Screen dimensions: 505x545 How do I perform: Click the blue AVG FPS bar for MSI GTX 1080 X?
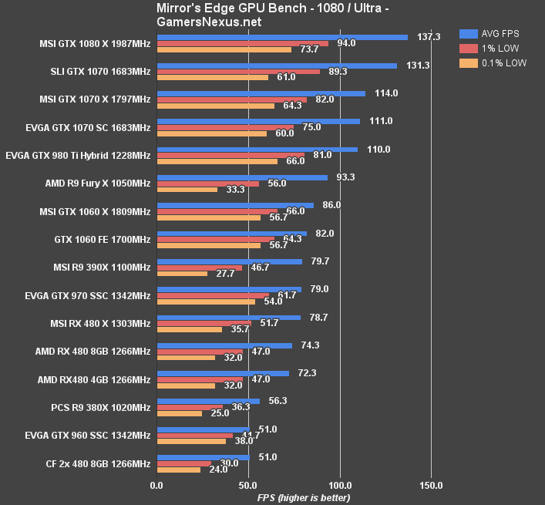coord(282,36)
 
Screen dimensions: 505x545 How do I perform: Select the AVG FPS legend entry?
coord(493,34)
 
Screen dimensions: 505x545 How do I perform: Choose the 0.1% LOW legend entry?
coord(493,63)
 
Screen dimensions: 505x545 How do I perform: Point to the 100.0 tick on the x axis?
coord(340,486)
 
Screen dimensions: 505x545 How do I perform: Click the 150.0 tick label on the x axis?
coord(431,486)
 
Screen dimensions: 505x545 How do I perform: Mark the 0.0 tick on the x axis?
coord(156,486)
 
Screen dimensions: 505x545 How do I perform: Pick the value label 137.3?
coord(428,36)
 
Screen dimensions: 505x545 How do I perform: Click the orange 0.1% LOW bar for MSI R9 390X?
coord(182,274)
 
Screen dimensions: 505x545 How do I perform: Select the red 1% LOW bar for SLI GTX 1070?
coord(238,71)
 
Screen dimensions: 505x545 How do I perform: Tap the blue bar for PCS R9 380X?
coord(208,401)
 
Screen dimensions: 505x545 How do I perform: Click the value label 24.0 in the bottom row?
coord(219,470)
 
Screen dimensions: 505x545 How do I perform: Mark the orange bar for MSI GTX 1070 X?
coord(215,106)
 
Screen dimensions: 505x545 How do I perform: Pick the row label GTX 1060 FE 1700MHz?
coord(103,240)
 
